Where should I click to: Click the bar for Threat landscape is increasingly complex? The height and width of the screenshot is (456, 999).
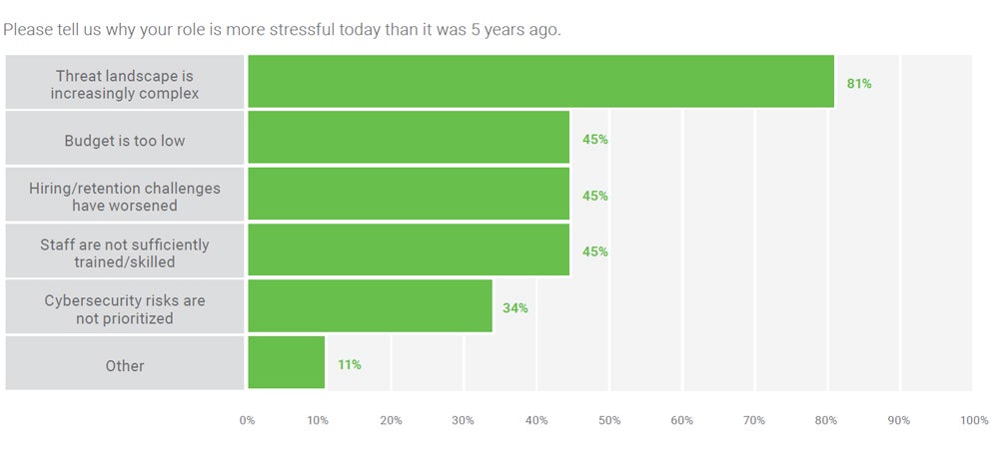539,82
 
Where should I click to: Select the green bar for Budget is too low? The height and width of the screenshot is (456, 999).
408,138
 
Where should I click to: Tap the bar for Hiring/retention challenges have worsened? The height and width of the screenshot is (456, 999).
408,194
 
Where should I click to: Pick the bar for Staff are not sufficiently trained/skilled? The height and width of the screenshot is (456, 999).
408,249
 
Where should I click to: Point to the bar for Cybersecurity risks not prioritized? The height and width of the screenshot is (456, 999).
370,306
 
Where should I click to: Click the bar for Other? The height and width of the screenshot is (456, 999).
286,362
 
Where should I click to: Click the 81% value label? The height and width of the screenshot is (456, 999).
859,84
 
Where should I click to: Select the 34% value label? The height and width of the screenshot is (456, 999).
515,308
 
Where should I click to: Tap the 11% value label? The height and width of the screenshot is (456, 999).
349,365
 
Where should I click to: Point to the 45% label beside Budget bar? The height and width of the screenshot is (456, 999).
595,140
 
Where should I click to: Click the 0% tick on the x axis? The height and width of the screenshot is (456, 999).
247,420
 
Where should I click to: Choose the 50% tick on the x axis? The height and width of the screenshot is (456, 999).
608,420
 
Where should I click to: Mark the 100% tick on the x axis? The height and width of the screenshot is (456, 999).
974,420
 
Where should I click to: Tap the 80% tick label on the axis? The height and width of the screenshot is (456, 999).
825,420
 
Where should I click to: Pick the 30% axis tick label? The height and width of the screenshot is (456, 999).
464,420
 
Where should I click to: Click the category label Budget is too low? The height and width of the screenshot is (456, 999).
125,141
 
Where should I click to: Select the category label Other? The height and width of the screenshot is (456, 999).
125,366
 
